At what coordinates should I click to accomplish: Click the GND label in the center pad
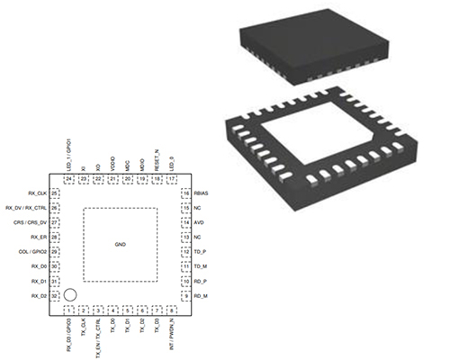[120, 245]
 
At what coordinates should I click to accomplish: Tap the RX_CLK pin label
[37, 193]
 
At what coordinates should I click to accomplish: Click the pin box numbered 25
[56, 193]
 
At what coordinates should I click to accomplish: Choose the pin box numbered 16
[186, 193]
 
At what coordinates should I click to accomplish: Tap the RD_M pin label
[201, 295]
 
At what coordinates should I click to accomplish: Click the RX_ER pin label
[38, 237]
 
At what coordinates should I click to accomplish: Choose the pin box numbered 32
[56, 295]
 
